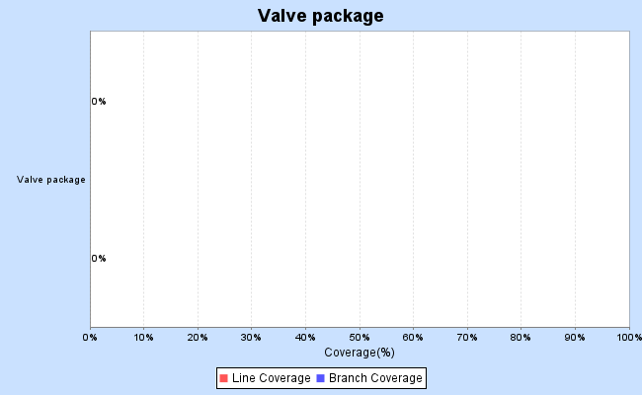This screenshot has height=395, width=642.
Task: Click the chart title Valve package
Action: pyautogui.click(x=320, y=16)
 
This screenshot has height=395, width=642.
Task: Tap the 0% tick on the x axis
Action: pyautogui.click(x=90, y=338)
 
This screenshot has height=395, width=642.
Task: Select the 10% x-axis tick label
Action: pyautogui.click(x=144, y=338)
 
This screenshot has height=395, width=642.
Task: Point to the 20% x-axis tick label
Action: pyautogui.click(x=198, y=338)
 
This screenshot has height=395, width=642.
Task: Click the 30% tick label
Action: pyautogui.click(x=252, y=338)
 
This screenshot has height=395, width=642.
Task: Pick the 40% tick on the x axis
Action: pyautogui.click(x=305, y=338)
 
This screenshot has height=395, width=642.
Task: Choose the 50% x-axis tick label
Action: pyautogui.click(x=360, y=338)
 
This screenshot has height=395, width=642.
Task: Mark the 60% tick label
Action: pyautogui.click(x=413, y=338)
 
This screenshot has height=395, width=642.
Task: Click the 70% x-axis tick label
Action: pyautogui.click(x=467, y=338)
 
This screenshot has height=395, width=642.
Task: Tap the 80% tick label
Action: pyautogui.click(x=521, y=338)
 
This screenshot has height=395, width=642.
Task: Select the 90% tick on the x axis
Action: pyautogui.click(x=575, y=338)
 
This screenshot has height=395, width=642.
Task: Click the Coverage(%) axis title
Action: pyautogui.click(x=360, y=353)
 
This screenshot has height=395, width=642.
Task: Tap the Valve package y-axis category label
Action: pyautogui.click(x=51, y=180)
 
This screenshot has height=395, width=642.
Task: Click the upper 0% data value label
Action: pyautogui.click(x=99, y=101)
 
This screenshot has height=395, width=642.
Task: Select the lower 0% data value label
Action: pyautogui.click(x=99, y=259)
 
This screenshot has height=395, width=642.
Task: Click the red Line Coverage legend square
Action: pyautogui.click(x=224, y=378)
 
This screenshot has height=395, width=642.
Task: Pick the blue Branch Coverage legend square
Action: pyautogui.click(x=321, y=378)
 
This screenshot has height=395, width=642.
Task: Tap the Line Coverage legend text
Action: pyautogui.click(x=271, y=378)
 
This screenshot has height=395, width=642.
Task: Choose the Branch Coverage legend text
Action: pyautogui.click(x=375, y=378)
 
